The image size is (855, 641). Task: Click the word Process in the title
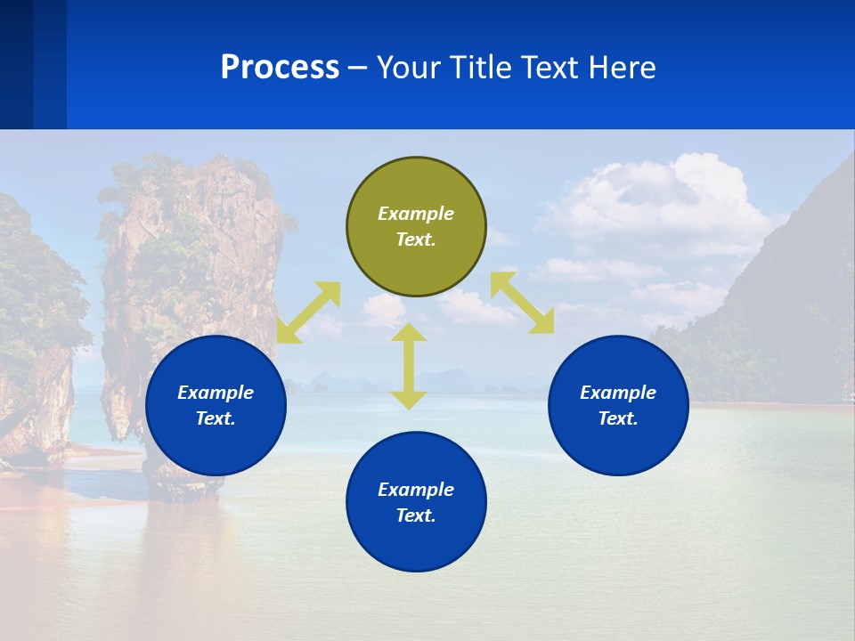(280, 68)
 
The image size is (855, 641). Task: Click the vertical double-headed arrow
(409, 367)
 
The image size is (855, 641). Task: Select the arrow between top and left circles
(308, 312)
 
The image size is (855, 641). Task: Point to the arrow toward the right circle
(522, 303)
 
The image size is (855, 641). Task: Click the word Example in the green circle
(416, 214)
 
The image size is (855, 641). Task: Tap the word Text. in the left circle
(216, 418)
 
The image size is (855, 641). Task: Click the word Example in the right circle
(618, 393)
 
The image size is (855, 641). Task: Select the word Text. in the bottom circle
(416, 515)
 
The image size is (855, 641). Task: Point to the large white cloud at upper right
(659, 205)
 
